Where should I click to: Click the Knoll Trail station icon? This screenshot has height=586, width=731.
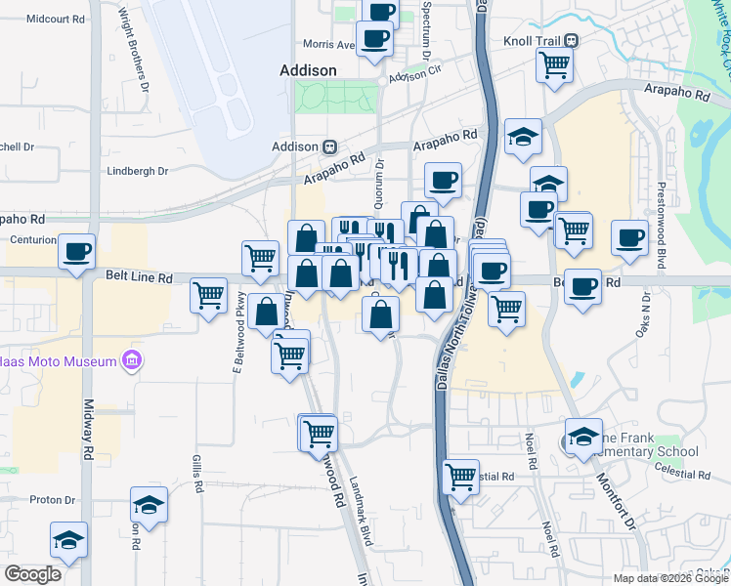pos(572,41)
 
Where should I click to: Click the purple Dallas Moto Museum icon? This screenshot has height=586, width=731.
pos(131,362)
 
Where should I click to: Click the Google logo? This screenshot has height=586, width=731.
pos(31,573)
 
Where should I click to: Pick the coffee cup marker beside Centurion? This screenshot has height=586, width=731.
pos(76,251)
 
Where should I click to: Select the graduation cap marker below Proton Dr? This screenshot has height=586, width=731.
pos(68,538)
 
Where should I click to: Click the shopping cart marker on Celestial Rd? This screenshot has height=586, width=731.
pos(460,477)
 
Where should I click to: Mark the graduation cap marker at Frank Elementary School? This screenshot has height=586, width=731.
pos(582,436)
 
